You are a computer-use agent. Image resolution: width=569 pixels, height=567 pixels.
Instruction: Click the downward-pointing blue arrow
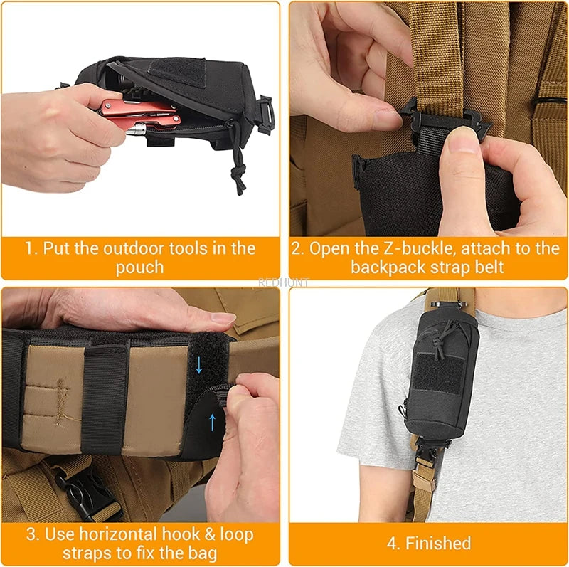(x=199, y=365)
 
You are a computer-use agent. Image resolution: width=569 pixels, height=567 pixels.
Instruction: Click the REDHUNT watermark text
(x=284, y=282)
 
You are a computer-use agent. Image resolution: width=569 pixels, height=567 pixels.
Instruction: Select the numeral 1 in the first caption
(x=29, y=248)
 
